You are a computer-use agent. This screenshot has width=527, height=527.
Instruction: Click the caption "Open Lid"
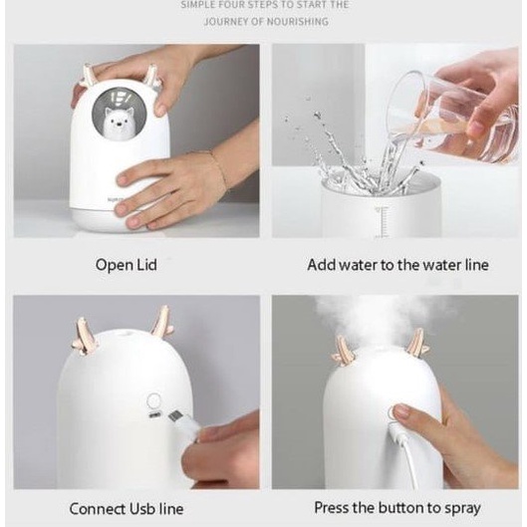click(x=126, y=265)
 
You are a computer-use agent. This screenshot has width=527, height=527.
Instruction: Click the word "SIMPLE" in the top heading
click(x=202, y=6)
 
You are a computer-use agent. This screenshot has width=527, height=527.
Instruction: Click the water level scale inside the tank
click(x=381, y=221)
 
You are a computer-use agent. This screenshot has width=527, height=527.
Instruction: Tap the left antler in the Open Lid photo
click(x=89, y=74)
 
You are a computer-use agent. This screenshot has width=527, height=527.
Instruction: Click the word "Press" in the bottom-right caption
click(x=332, y=508)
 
